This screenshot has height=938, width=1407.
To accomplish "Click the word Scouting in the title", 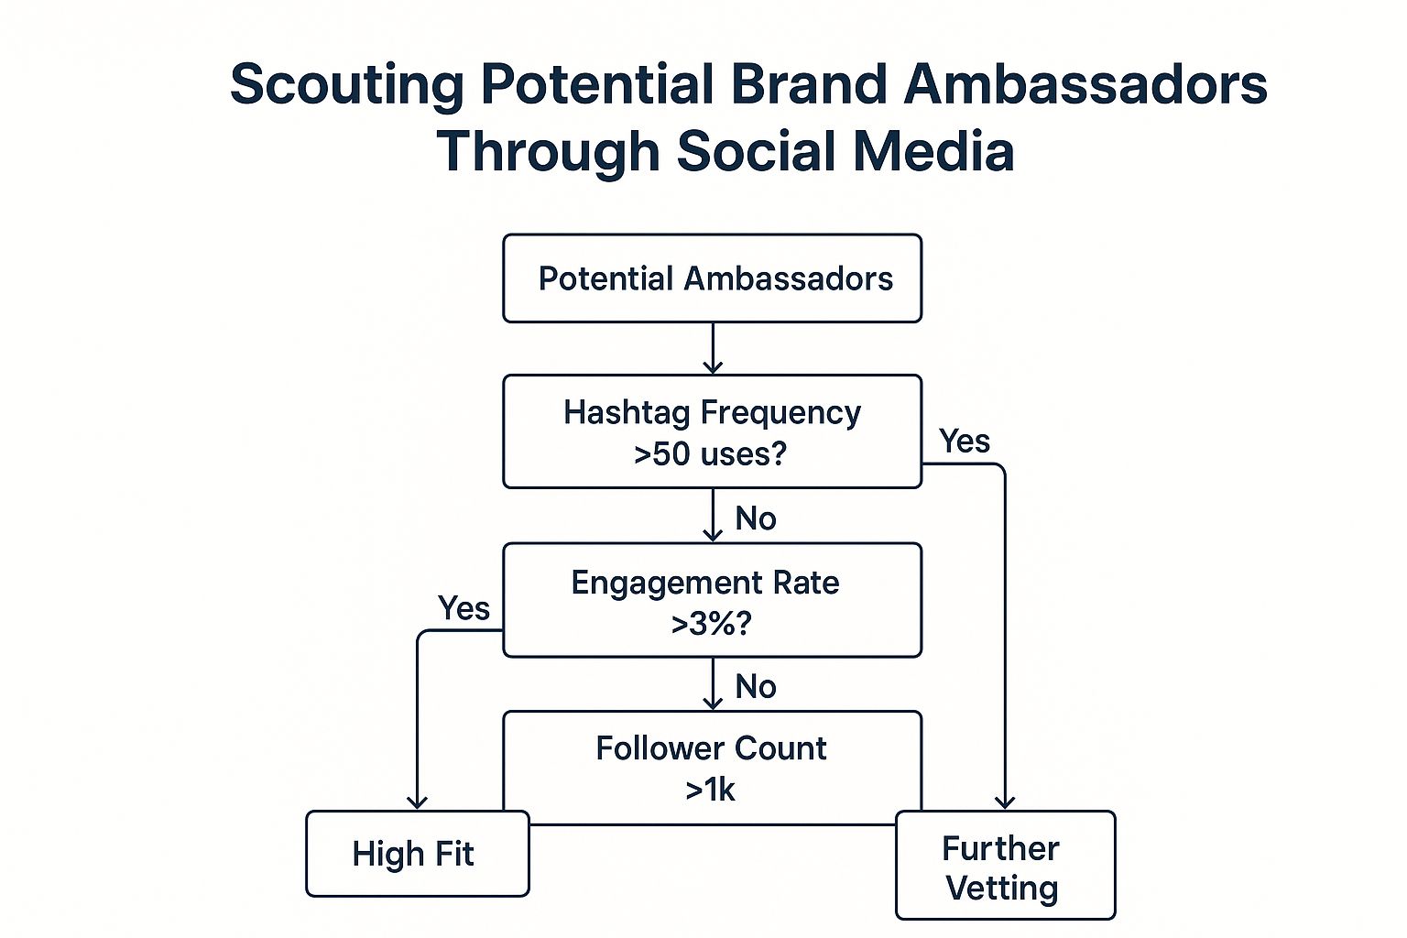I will point(346,85).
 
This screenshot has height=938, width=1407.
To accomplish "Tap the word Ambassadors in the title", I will point(1085,84).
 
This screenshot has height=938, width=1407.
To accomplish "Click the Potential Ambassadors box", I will point(712,278).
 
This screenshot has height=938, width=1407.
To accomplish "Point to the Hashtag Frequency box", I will point(712,431).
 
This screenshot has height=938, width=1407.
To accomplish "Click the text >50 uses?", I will point(710,453).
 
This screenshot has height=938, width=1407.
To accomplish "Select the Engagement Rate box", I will point(712,600).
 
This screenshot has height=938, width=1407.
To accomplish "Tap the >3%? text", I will point(711,624).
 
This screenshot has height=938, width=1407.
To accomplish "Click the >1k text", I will point(711,790).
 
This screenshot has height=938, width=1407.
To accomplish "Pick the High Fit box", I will point(417,854).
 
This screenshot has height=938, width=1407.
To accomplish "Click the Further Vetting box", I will point(1004,866).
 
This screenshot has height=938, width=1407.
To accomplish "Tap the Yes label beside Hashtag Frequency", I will point(965,442).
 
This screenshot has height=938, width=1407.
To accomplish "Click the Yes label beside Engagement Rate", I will point(464,608).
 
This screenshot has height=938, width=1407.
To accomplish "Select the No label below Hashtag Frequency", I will point(756,518).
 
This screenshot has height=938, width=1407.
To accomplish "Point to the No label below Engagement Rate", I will point(756,687).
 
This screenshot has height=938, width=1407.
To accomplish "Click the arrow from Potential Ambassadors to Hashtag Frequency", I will point(713,349).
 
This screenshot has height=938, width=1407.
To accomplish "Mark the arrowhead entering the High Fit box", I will point(417,802).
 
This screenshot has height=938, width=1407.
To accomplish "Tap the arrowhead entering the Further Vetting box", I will point(1005,802).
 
